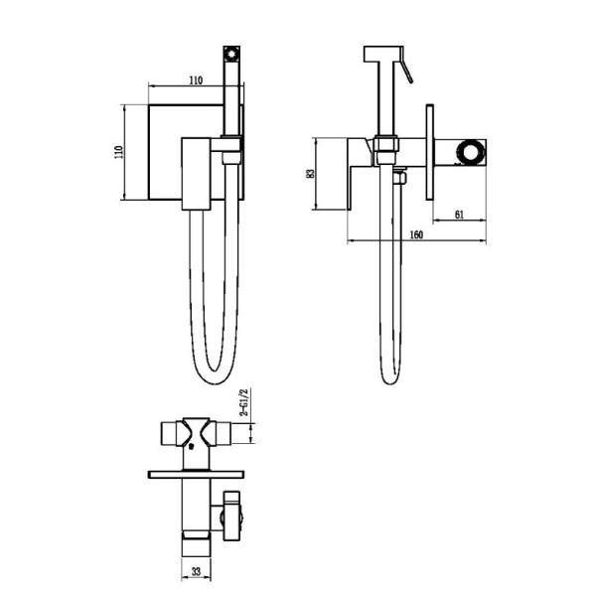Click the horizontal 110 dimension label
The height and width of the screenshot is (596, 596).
196,80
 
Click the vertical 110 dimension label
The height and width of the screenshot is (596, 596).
119,152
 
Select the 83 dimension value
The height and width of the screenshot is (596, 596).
310,174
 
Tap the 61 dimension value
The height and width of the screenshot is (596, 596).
460,215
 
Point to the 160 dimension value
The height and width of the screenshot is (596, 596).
416,234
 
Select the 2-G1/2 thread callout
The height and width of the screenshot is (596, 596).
243,402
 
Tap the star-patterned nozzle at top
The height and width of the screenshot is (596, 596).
231,54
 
